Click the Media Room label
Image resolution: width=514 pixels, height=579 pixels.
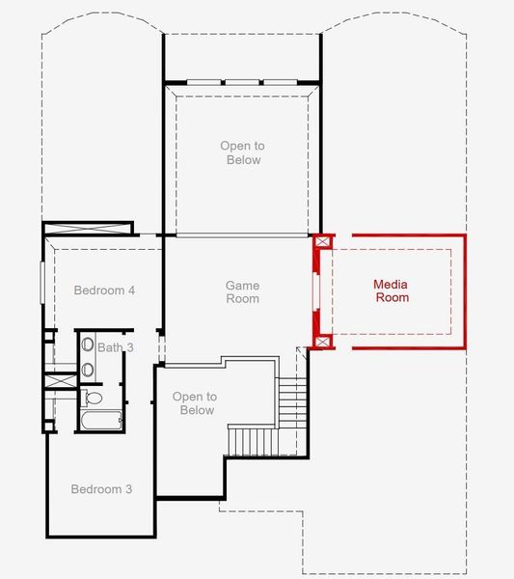[x=392, y=290]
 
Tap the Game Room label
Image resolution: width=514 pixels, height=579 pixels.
[x=242, y=292]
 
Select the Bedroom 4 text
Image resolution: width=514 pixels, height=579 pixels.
[x=104, y=290]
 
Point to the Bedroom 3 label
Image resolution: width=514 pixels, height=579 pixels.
[x=101, y=489]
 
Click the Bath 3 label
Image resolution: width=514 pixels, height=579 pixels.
[x=114, y=346]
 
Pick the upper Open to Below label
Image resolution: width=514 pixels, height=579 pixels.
[x=242, y=152]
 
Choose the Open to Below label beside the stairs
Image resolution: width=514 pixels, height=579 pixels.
[x=194, y=403]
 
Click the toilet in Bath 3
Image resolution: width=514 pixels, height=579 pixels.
[x=94, y=397]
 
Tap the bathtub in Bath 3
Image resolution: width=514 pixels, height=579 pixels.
[x=100, y=421]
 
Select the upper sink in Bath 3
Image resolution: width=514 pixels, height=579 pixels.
[x=86, y=345]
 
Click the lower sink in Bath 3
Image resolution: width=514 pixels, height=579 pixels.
[x=86, y=368]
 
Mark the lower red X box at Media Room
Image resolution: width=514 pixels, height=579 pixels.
[x=323, y=341]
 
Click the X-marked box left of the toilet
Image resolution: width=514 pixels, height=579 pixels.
[x=61, y=380]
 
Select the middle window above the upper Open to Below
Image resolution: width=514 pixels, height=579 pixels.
[x=241, y=82]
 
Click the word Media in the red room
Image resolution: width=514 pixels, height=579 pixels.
[x=392, y=284]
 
